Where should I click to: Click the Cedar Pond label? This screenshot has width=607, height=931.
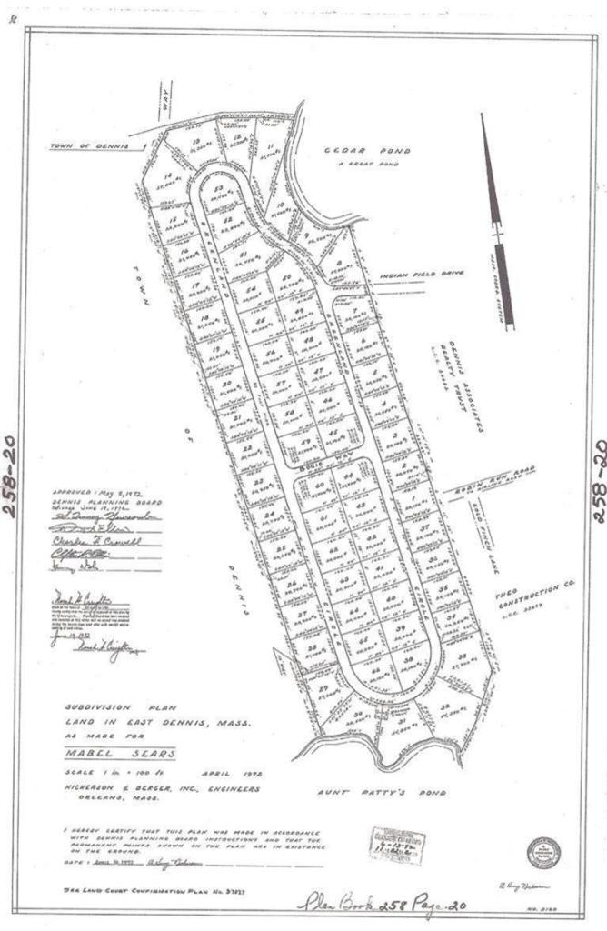[x=368, y=151]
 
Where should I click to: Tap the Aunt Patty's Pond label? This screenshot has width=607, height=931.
[x=382, y=792]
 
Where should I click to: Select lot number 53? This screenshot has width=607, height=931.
[x=219, y=188]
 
